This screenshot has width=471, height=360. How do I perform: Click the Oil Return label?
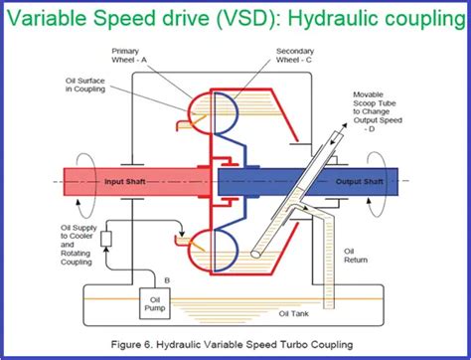click(355, 258)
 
